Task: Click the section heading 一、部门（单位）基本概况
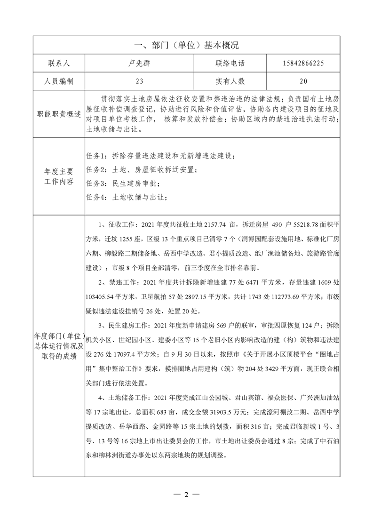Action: point(186,45)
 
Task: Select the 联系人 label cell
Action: point(58,63)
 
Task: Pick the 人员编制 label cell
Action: point(58,81)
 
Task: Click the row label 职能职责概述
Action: point(58,114)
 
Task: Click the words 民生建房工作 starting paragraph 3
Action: point(127,325)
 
